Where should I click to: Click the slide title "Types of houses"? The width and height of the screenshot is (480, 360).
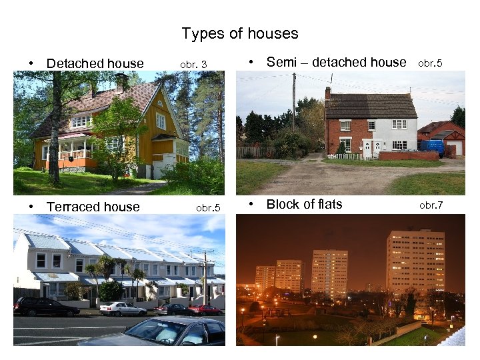(239, 33)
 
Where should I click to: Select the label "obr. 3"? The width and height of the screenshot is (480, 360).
(193, 65)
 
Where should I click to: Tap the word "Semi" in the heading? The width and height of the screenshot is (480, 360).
(280, 63)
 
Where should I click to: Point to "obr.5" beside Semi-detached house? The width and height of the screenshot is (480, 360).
(430, 64)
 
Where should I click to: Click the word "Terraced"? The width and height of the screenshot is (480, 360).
(73, 207)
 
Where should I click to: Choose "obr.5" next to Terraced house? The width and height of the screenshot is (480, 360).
(208, 207)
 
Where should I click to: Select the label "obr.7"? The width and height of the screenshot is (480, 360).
(431, 205)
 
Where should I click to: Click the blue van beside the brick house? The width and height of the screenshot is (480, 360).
(431, 147)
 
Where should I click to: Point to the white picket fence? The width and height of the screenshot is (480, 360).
(346, 157)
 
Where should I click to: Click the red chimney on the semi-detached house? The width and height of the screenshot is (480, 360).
(328, 93)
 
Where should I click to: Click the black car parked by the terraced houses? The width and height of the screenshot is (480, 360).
(45, 307)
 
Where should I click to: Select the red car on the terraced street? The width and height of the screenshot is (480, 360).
(206, 309)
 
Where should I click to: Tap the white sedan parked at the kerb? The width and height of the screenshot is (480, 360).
(123, 309)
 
